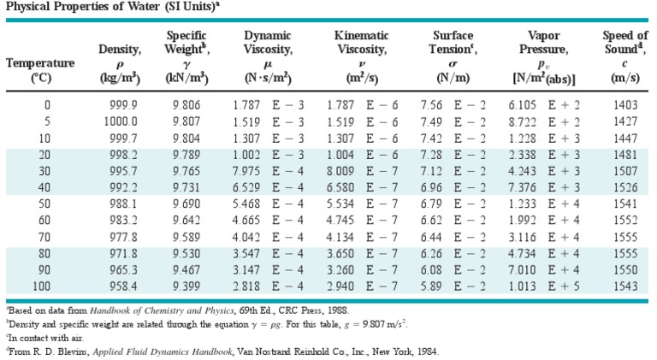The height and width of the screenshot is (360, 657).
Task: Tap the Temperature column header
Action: [40, 62]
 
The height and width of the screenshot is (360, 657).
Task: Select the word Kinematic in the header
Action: [361, 35]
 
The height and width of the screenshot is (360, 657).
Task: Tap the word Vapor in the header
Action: [544, 35]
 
